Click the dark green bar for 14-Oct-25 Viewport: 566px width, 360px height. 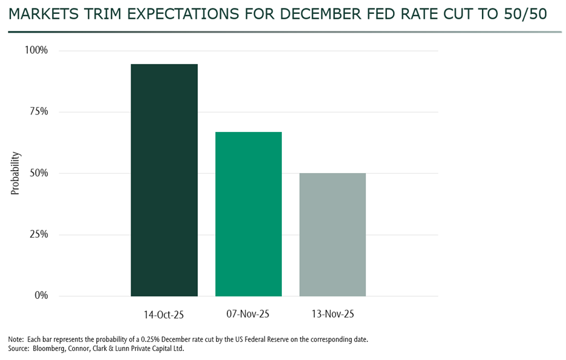click(x=164, y=180)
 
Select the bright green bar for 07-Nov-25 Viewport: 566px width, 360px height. click(x=249, y=214)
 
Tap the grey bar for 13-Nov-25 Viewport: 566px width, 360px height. click(x=333, y=234)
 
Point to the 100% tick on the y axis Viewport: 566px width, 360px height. click(x=36, y=50)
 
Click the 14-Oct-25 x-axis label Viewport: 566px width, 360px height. click(x=164, y=315)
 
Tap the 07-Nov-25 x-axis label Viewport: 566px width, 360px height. click(x=249, y=315)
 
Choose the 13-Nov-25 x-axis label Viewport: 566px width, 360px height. click(x=333, y=315)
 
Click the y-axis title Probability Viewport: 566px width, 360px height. click(x=15, y=173)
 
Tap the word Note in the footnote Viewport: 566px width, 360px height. click(x=16, y=339)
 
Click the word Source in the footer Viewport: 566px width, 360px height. click(x=19, y=349)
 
